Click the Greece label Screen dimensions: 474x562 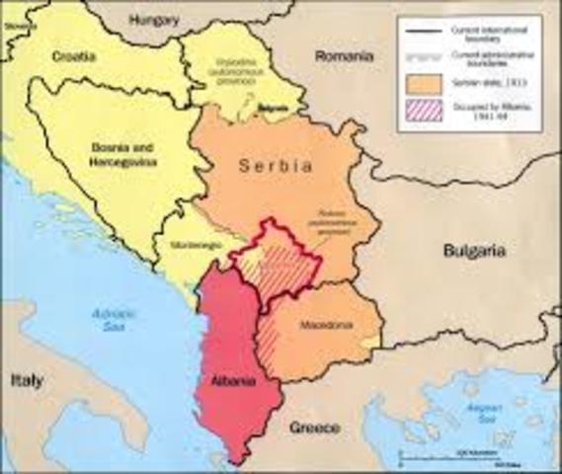tap(314, 428)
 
